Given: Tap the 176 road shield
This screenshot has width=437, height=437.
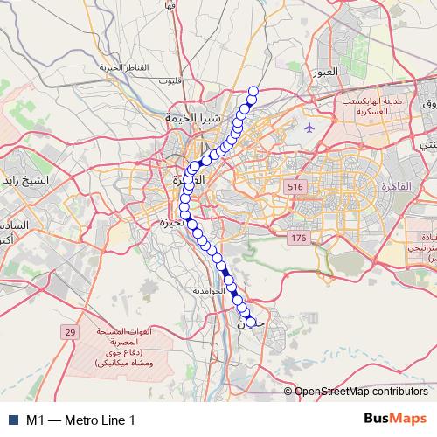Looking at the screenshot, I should click(300, 238).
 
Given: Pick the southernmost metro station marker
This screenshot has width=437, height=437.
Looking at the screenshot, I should click(252, 323).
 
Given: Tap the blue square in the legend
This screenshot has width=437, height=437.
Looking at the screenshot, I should click(13, 420).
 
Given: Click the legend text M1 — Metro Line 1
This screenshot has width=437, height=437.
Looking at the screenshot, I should click(80, 420).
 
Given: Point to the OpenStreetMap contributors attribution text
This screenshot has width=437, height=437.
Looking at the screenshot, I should click(361, 392).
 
